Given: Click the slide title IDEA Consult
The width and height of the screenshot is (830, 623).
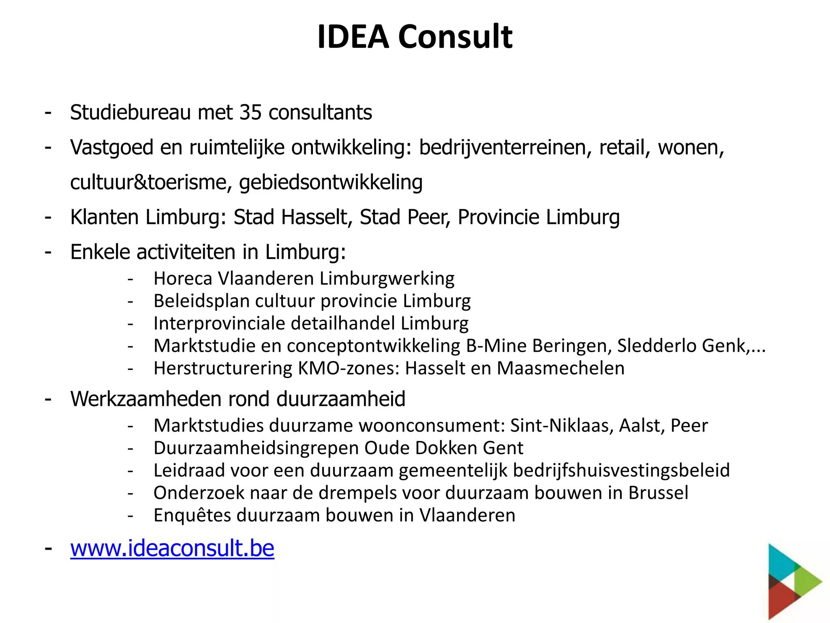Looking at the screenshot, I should (x=415, y=37).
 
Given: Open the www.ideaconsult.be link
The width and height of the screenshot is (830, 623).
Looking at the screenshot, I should (x=172, y=548).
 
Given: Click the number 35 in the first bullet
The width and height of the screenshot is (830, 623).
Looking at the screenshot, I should (x=250, y=112).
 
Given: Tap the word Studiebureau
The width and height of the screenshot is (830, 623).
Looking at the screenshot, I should (x=130, y=112).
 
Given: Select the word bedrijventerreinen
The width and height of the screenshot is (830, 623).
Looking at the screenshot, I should (x=503, y=147).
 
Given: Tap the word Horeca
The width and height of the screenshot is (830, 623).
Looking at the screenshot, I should (x=183, y=279).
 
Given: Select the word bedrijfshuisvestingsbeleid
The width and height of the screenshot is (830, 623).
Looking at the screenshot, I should (x=621, y=470).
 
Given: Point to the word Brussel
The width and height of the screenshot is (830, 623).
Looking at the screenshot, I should (x=658, y=493).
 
